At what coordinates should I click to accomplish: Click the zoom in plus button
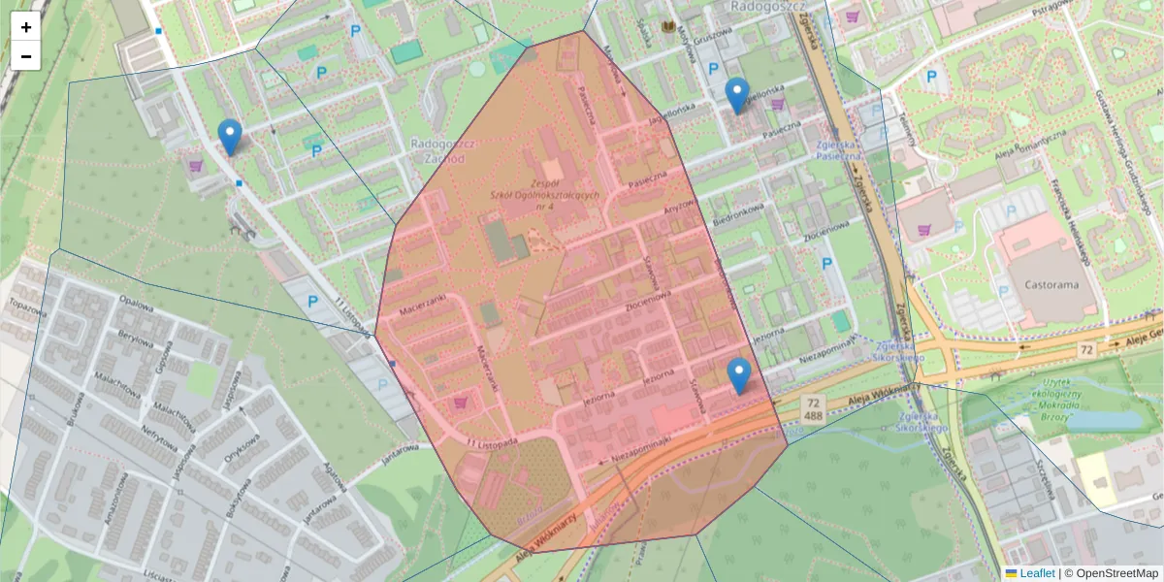26,27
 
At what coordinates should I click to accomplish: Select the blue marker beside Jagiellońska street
738,95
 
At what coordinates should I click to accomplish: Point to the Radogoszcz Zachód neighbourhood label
440,150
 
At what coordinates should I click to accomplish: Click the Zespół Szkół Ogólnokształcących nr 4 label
548,195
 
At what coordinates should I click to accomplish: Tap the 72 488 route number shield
813,406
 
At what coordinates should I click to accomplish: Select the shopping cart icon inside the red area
461,402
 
